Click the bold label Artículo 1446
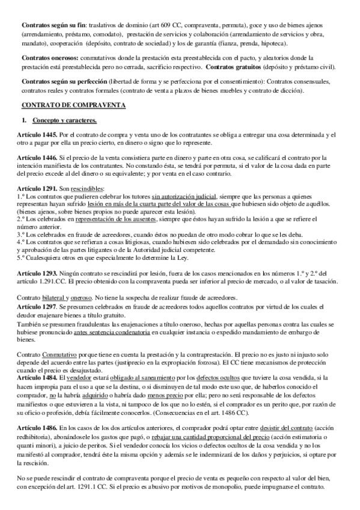coord(38,158)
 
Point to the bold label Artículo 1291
coord(38,189)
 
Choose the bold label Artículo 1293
coord(38,273)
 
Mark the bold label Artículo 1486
coord(38,425)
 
